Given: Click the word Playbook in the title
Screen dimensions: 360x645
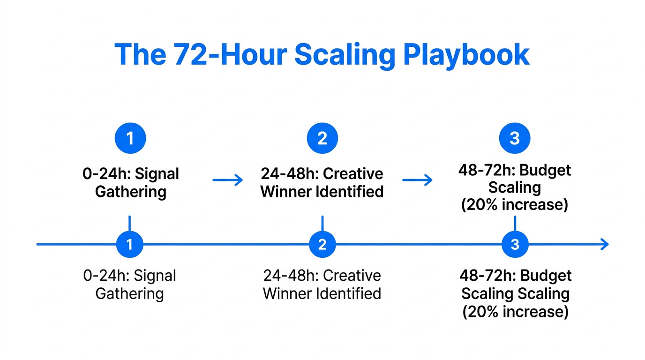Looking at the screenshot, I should [466, 55].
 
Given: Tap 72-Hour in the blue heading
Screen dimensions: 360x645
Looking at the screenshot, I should [230, 55].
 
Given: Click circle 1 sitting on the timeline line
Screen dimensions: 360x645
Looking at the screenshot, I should [129, 244].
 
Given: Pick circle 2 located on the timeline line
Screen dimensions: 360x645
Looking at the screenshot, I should [322, 244].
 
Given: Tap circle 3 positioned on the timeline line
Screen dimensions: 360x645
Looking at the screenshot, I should [515, 244].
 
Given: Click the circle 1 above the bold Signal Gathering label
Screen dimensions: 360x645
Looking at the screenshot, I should [130, 138].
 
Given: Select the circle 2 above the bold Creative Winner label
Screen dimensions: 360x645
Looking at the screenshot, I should [322, 138].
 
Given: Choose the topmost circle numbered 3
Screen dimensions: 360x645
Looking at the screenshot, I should [515, 138].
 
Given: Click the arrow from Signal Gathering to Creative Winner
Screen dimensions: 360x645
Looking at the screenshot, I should [228, 180].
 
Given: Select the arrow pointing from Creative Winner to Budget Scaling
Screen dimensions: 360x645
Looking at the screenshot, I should [417, 180].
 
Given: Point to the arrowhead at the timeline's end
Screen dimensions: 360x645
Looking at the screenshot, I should [605, 244].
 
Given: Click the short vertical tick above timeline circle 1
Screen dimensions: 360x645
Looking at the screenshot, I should [129, 222].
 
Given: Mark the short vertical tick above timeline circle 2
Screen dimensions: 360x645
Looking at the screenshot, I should [322, 222].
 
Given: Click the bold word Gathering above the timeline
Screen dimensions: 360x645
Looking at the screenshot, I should [130, 192].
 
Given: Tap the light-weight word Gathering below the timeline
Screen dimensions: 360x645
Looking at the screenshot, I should [129, 294].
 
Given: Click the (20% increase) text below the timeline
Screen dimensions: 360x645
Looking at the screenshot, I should [515, 312].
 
